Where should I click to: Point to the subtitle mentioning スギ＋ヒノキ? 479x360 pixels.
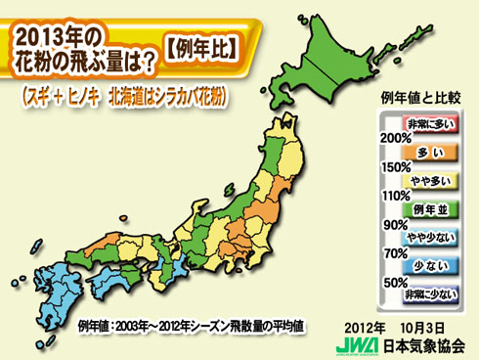(x=127, y=96)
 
